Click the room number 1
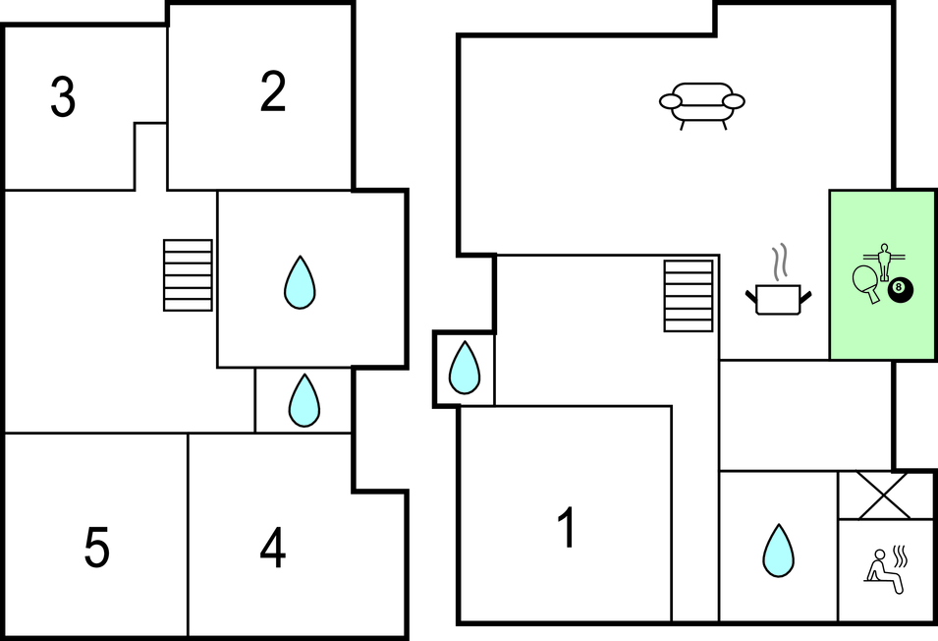566,529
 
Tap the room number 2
273,92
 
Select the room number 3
63,98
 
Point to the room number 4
272,549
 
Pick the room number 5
96,549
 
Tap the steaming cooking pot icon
781,299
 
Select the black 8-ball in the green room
900,290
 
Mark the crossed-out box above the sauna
885,495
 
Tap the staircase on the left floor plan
188,275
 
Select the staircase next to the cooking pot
688,295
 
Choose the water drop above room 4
304,400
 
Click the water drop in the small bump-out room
464,368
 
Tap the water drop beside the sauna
778,551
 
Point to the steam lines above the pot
780,262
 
